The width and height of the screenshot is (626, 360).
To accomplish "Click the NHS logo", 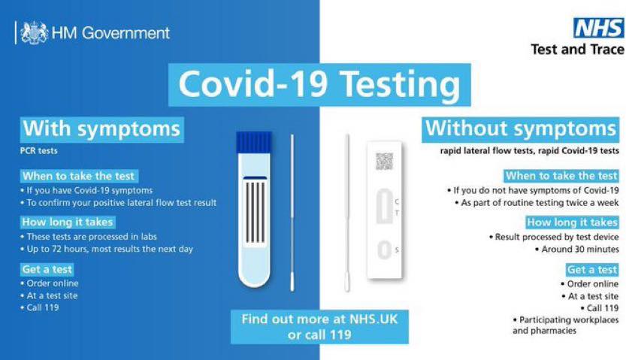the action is tap(598, 28).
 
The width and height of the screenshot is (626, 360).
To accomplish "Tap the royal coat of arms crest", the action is tap(35, 32).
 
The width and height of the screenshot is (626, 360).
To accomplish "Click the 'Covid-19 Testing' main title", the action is tap(319, 85).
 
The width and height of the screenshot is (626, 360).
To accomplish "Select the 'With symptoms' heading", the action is tap(101, 129).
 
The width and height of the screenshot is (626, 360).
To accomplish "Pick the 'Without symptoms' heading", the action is tap(521, 129).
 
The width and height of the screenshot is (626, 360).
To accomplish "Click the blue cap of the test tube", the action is tap(254, 143).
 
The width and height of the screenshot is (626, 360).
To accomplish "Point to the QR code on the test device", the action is tap(384, 162).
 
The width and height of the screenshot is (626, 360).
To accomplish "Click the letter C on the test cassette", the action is tap(397, 202).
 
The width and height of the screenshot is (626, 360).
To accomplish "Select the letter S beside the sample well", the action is tap(397, 250).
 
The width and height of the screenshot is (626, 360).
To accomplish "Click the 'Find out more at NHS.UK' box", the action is tap(320, 327).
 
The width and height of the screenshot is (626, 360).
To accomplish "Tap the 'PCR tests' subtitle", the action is tap(39, 151).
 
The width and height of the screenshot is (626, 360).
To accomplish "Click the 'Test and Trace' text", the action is tap(577, 50).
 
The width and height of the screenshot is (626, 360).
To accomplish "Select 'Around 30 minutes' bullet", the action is tap(577, 250).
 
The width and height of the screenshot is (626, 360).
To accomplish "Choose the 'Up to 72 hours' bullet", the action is tap(107, 249).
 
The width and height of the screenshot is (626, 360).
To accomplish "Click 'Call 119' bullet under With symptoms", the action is tap(40, 307).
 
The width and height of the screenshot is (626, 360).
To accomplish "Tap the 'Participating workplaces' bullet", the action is tap(566, 325).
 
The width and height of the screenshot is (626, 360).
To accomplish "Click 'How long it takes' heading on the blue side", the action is tap(68, 222).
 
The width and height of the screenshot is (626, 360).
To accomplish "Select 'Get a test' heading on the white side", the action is tap(592, 270).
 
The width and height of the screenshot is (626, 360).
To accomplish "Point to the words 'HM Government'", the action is tap(110, 33).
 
